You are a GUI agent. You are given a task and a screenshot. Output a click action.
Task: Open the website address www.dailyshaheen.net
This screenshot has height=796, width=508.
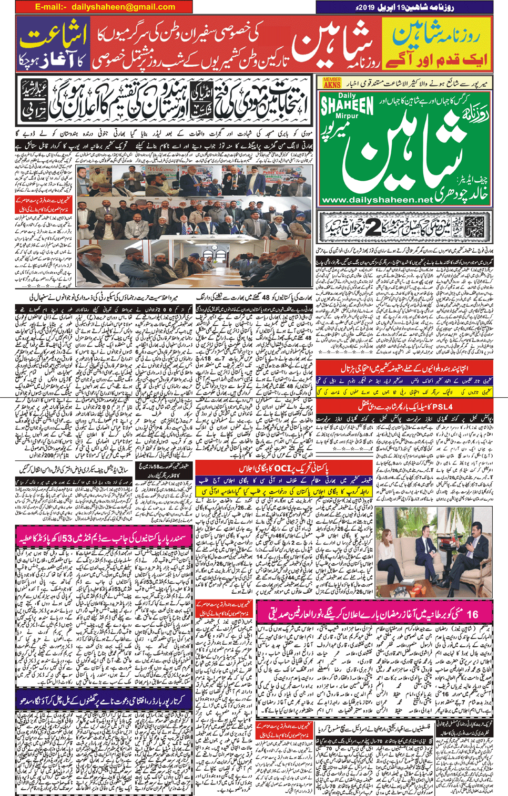pos(377,200)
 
